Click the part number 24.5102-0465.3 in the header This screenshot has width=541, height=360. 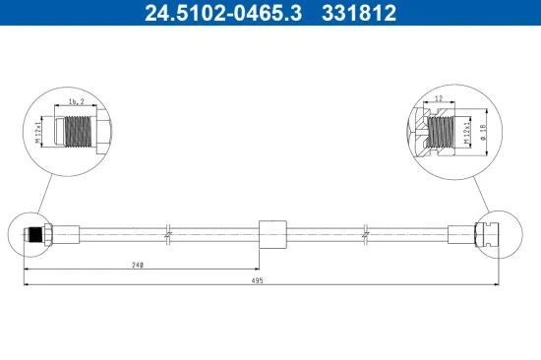(x=223, y=13)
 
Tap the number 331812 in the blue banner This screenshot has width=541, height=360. (x=359, y=13)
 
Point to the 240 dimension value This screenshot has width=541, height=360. (x=138, y=265)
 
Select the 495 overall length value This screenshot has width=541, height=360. (x=257, y=280)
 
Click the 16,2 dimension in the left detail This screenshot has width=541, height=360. (x=77, y=102)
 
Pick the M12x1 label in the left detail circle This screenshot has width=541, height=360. (x=38, y=131)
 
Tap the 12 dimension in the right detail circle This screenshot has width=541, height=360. (x=439, y=98)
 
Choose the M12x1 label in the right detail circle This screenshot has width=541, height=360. (x=467, y=132)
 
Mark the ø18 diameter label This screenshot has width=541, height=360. (x=483, y=132)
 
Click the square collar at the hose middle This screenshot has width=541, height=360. (x=272, y=234)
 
